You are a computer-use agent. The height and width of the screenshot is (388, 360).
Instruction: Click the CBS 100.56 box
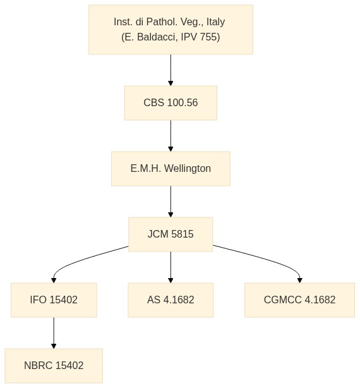[x=171, y=103]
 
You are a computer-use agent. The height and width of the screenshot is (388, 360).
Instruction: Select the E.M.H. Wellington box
[x=171, y=169]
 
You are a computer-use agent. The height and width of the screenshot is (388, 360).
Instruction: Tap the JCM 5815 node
[x=171, y=234]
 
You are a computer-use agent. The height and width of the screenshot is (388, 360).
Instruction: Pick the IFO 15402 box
[x=54, y=300]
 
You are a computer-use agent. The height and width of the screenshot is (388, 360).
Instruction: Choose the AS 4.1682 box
[x=171, y=300]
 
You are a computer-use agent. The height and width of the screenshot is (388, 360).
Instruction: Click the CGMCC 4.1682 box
[x=299, y=300]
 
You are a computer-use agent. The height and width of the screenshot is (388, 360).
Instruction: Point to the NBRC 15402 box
[x=54, y=366]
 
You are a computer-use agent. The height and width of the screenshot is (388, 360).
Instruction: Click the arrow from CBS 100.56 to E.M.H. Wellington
[x=171, y=136]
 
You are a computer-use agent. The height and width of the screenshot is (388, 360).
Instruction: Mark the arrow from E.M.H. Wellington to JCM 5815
[x=171, y=202]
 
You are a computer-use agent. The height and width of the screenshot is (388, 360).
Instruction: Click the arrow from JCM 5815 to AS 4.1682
[x=171, y=267]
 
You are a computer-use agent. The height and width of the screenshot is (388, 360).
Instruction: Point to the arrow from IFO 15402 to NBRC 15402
[x=54, y=333]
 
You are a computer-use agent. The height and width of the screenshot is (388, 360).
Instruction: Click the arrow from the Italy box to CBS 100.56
[x=171, y=70]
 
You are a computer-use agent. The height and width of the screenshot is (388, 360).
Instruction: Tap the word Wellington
[x=188, y=169]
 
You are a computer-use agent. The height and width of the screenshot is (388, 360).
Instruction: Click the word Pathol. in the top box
[x=162, y=21]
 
